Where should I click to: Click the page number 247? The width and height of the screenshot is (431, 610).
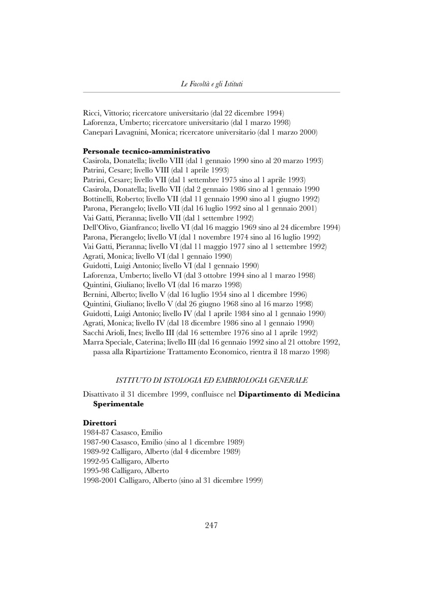(211, 526)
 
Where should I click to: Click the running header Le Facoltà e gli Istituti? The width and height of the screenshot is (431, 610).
(211, 84)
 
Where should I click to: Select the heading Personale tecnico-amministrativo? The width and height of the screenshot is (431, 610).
(146, 151)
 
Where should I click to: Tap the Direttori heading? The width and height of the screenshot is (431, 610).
(100, 422)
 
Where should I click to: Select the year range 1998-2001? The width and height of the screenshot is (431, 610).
(99, 480)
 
